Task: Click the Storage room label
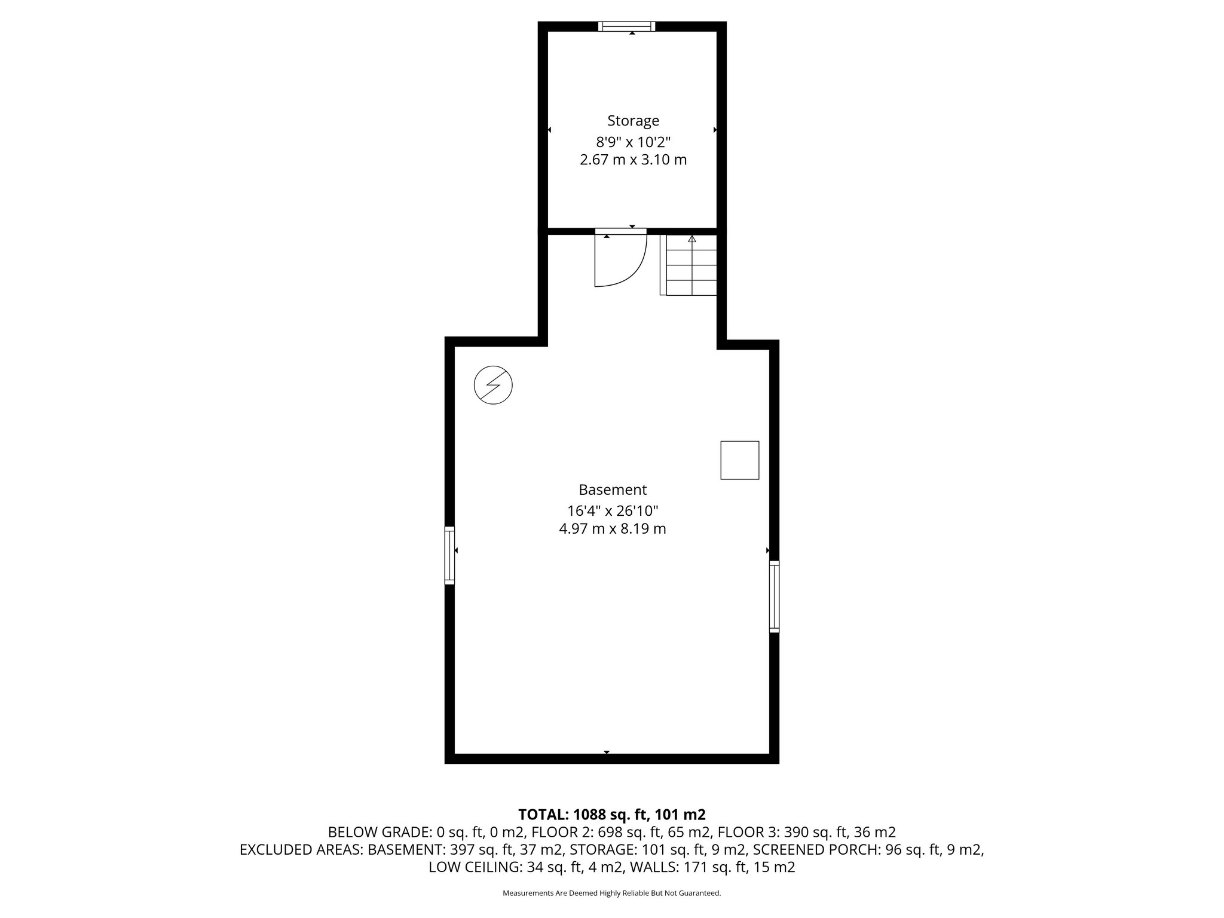click(633, 121)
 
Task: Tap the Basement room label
click(613, 490)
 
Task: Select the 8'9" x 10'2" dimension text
click(633, 142)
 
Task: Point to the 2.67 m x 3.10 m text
click(633, 160)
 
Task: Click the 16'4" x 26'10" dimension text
click(613, 511)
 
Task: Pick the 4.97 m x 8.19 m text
click(613, 529)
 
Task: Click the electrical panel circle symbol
click(493, 385)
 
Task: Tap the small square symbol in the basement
click(739, 460)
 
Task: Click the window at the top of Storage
click(627, 26)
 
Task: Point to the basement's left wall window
click(449, 555)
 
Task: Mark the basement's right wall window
click(774, 596)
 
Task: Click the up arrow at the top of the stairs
click(692, 239)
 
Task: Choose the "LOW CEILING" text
click(475, 867)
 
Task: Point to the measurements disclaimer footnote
click(612, 893)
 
